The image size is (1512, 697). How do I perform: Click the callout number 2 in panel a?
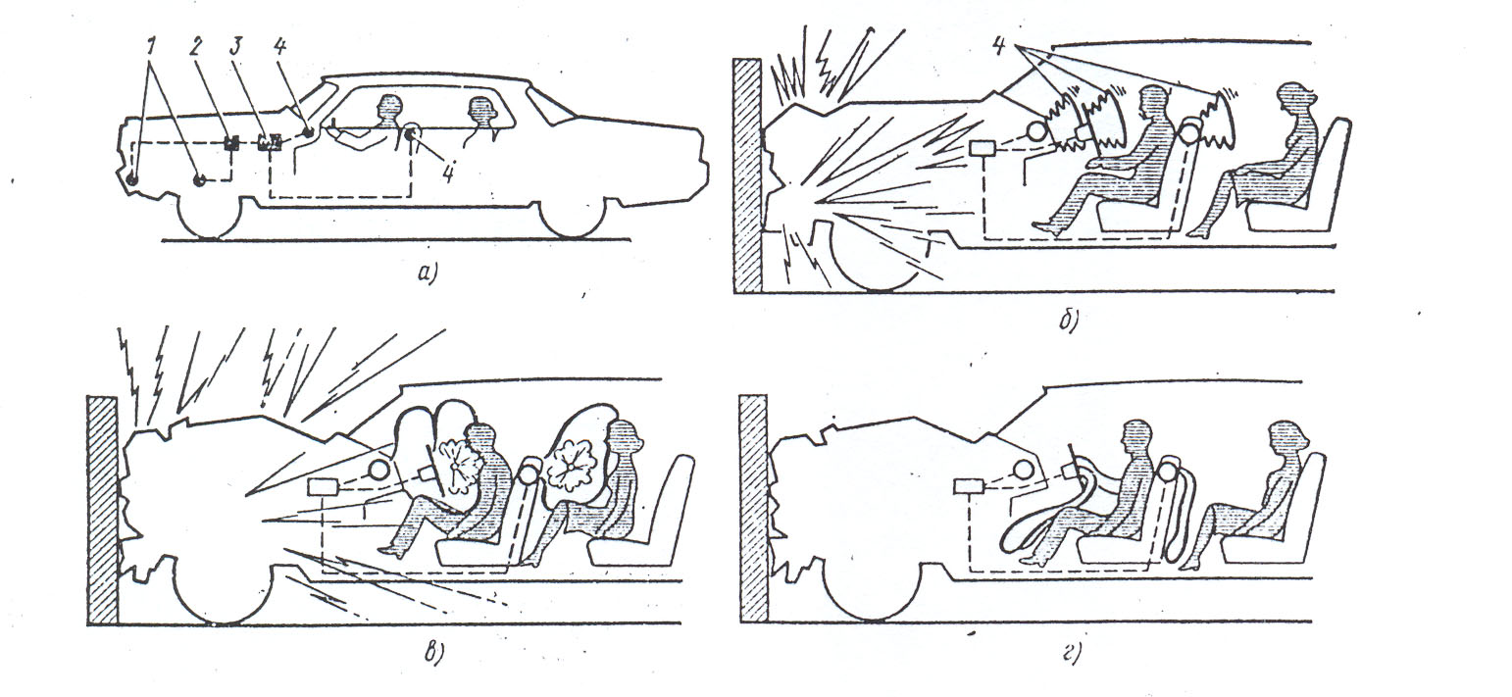(x=196, y=49)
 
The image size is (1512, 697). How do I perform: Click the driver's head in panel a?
(x=389, y=107)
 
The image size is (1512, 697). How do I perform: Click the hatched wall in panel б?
(x=748, y=175)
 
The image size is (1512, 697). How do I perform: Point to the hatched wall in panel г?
(x=754, y=508)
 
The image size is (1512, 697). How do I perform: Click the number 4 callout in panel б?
(x=1000, y=45)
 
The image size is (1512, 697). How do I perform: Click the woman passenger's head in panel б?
(x=1295, y=101)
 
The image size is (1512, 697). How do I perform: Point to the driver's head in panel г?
(x=1136, y=437)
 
